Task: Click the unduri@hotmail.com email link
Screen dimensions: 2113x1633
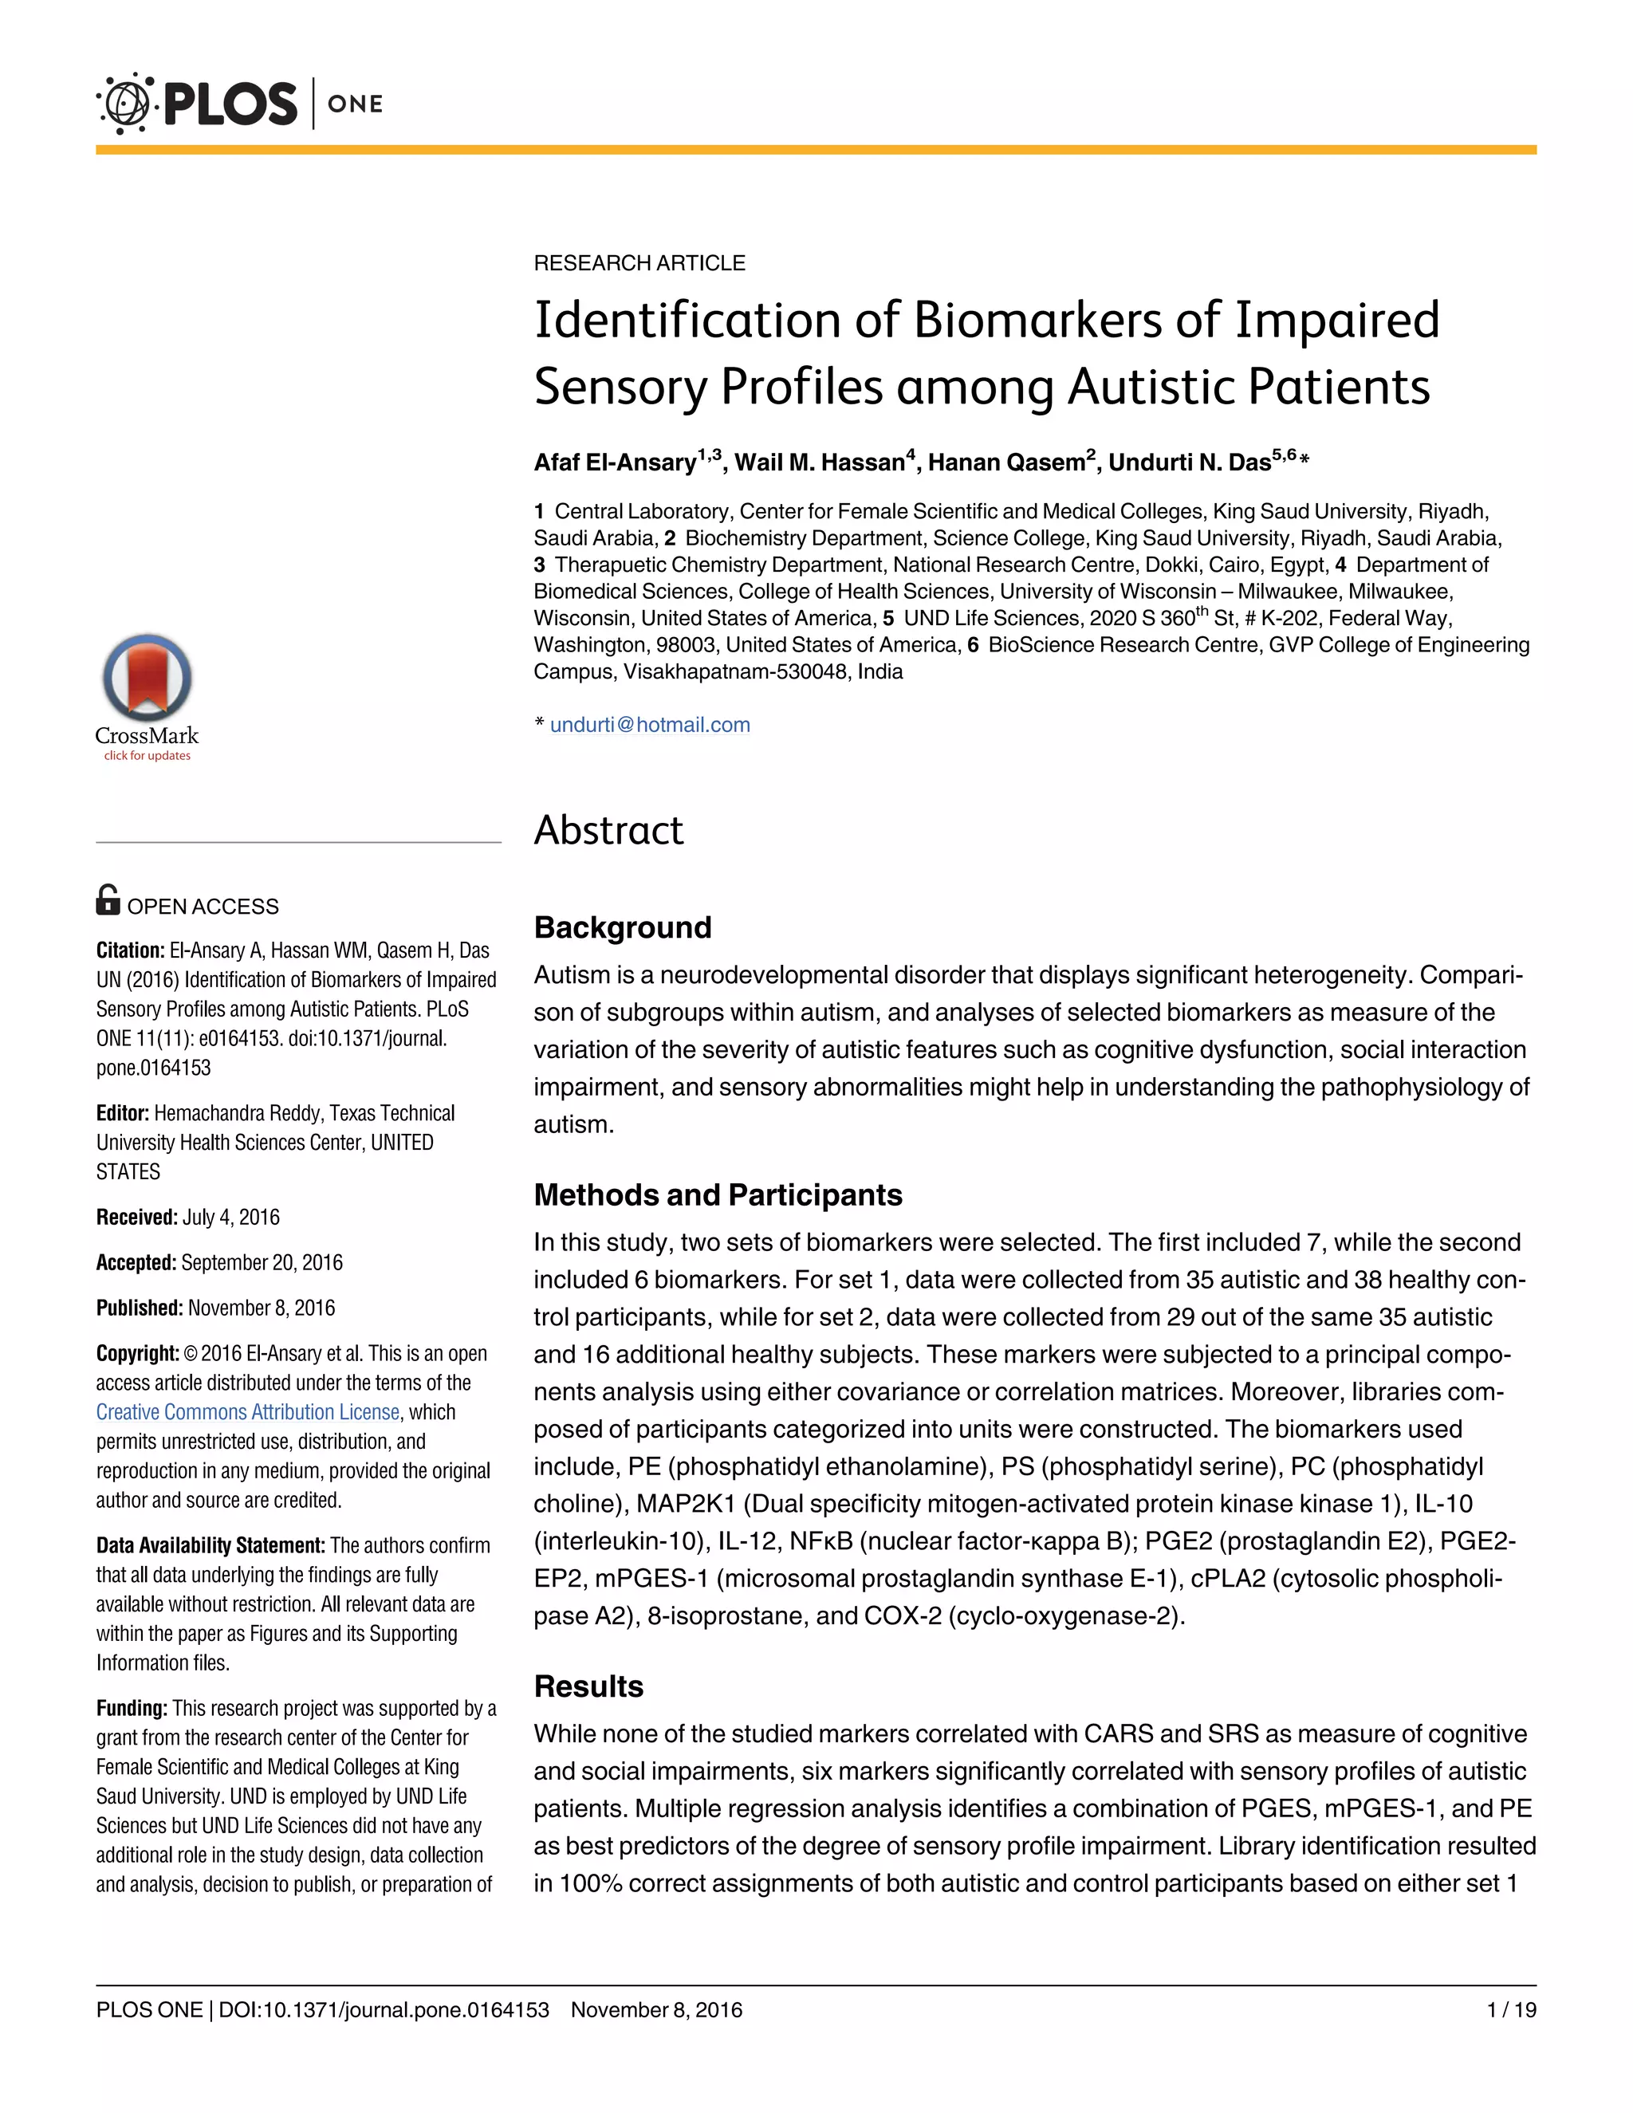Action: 649,725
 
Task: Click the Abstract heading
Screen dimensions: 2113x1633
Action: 608,830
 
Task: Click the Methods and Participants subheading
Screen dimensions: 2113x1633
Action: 718,1195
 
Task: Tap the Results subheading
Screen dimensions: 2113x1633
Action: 588,1686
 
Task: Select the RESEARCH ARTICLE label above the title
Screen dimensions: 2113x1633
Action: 639,263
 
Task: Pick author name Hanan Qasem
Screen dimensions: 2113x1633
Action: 1006,462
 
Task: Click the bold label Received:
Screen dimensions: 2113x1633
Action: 136,1217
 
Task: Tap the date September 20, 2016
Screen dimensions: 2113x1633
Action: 262,1262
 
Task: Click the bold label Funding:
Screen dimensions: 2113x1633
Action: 132,1708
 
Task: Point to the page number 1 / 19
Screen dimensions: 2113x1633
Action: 1511,2009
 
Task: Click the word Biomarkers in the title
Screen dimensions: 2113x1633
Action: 1037,321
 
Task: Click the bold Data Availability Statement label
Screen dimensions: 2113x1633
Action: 210,1545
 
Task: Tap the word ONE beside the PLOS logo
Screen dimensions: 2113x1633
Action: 355,104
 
